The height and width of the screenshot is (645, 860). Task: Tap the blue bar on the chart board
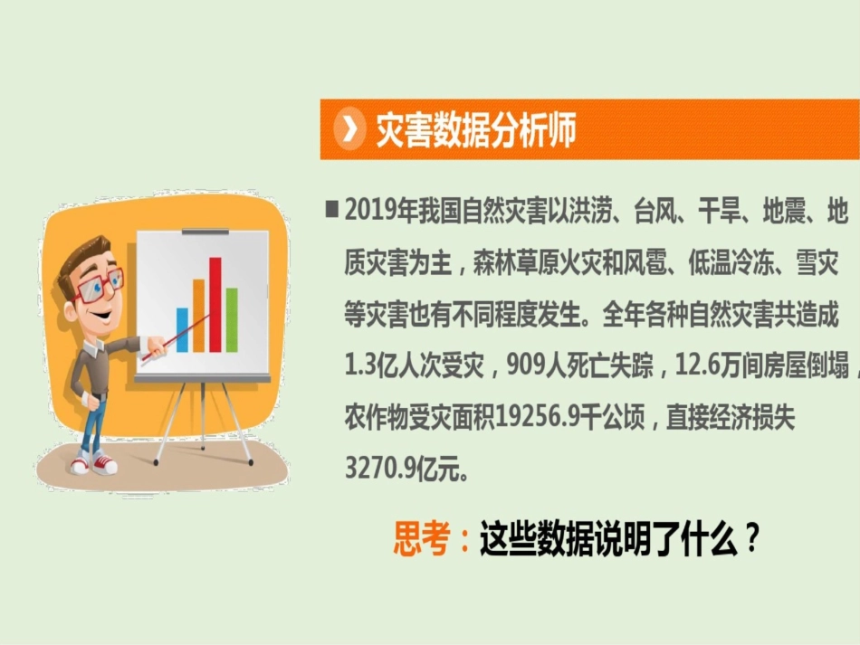(182, 330)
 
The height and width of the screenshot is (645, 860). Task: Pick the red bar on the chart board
(215, 304)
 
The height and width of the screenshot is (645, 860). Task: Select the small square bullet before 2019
(331, 210)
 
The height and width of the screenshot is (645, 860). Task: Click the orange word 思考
(422, 541)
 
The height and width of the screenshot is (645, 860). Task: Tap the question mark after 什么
(750, 541)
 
